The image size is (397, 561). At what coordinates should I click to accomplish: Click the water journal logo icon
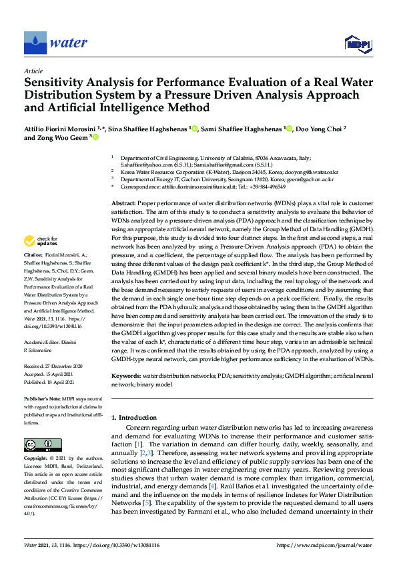[35, 43]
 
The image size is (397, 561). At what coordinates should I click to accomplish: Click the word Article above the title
[33, 71]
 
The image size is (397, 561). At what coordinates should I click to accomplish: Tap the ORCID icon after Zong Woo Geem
[95, 137]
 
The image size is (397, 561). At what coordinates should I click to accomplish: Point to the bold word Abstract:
[123, 203]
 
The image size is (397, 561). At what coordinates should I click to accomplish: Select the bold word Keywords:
[126, 377]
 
